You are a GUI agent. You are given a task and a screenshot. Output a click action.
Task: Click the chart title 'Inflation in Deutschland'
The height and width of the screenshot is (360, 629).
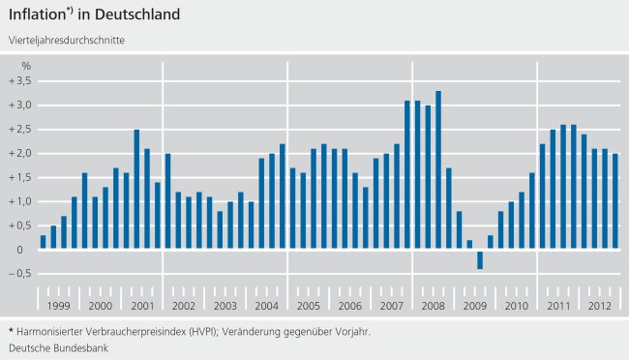point(93,15)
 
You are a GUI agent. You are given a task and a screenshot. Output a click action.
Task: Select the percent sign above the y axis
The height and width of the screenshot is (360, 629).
point(26,65)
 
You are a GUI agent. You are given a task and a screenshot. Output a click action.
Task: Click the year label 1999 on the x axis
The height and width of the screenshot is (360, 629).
point(59,305)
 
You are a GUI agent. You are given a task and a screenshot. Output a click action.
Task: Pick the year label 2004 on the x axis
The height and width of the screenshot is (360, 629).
point(267,305)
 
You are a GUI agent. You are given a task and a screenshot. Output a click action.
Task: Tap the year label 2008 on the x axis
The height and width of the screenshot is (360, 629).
point(433,305)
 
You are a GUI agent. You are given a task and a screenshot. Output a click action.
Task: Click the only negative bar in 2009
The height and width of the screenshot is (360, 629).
point(480,259)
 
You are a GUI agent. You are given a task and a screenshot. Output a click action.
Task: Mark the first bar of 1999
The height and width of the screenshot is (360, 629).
point(44,242)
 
